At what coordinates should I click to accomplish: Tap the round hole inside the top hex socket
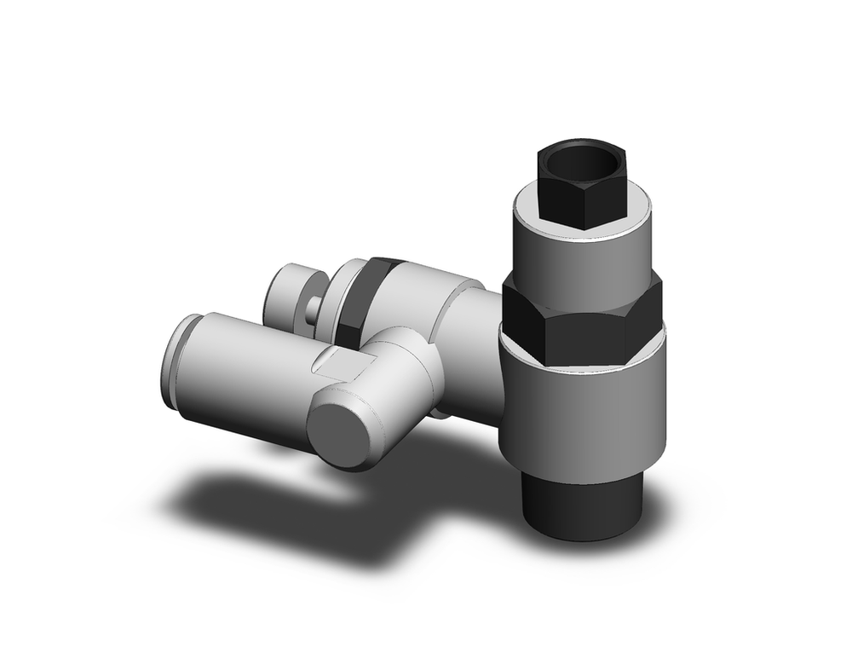(581, 163)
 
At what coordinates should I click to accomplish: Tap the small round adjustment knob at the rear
(290, 295)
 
